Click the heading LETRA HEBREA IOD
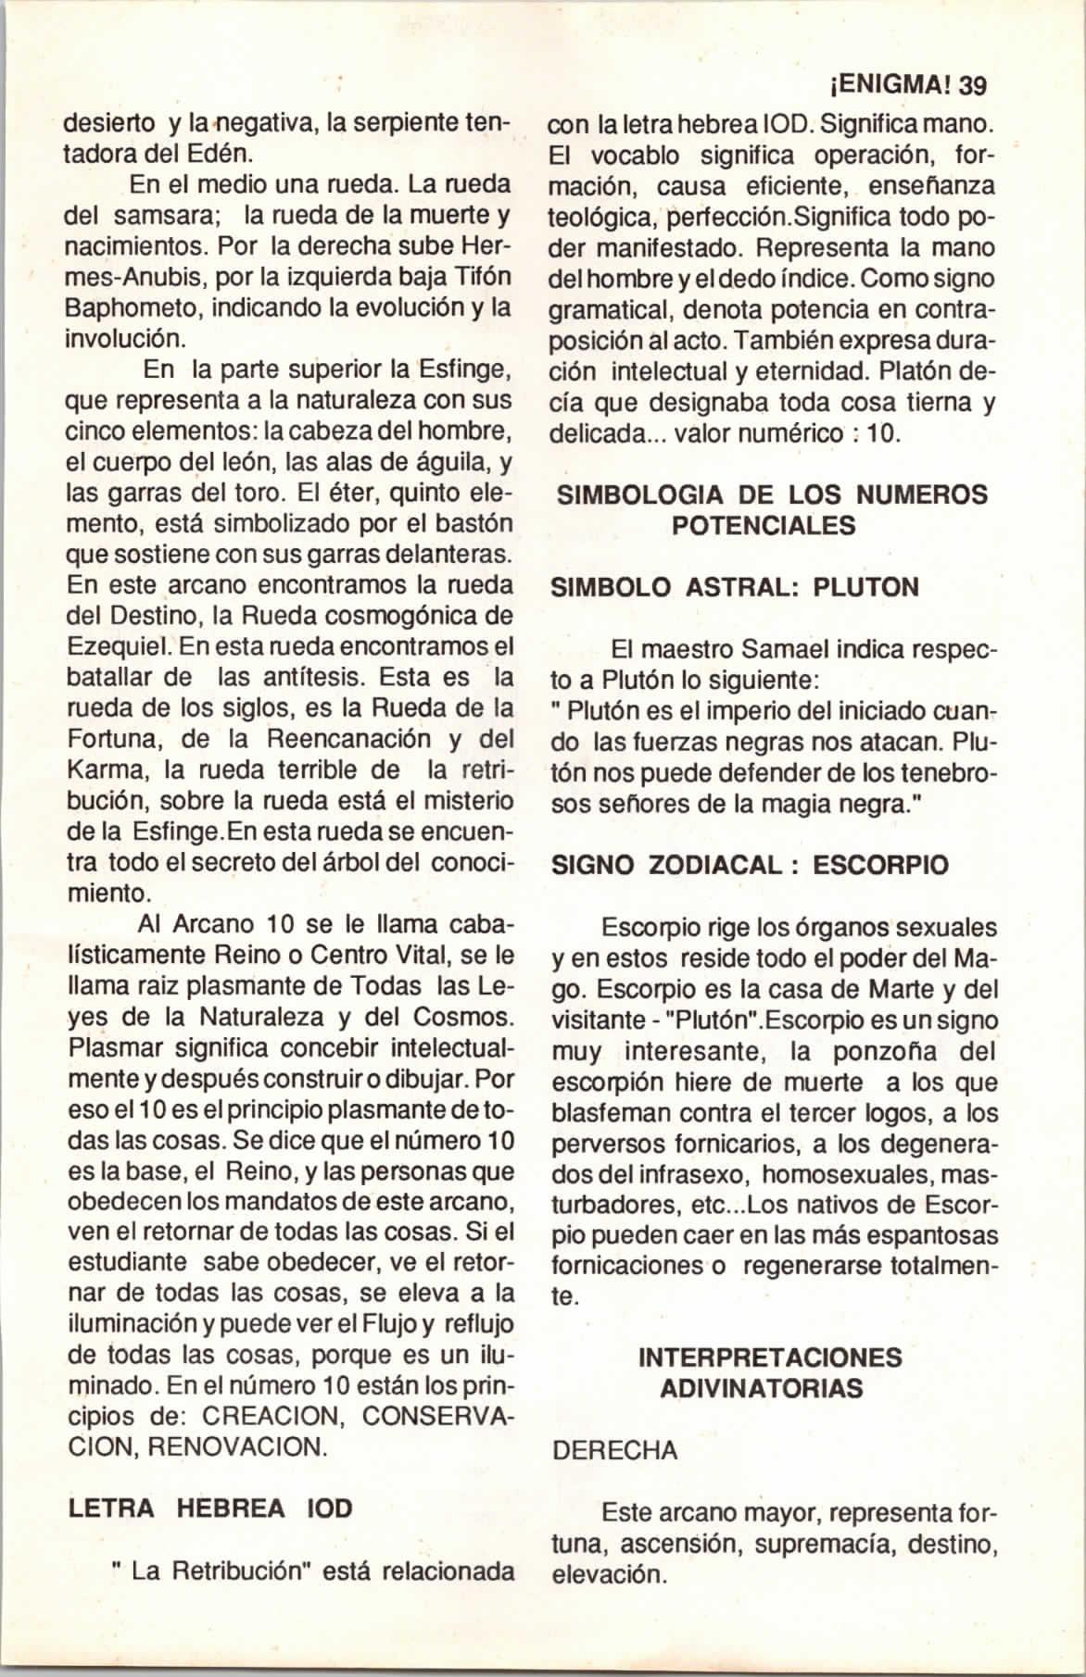point(210,1508)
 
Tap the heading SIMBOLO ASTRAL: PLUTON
point(735,587)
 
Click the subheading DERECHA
point(613,1451)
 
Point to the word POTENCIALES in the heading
point(762,525)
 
